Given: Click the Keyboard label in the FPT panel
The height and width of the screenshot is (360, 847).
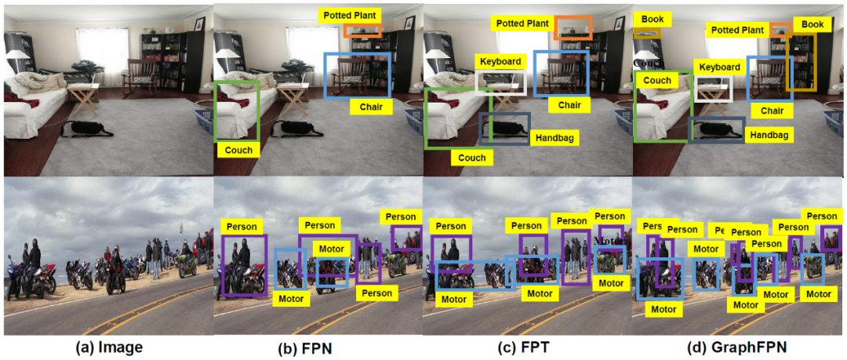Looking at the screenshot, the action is point(500,61).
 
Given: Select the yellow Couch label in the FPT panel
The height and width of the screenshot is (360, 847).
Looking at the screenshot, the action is point(471,157).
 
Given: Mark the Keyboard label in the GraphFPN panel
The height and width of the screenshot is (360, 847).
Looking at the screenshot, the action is point(718,67).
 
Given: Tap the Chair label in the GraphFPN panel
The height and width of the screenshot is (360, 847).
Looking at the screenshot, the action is point(772,111).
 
